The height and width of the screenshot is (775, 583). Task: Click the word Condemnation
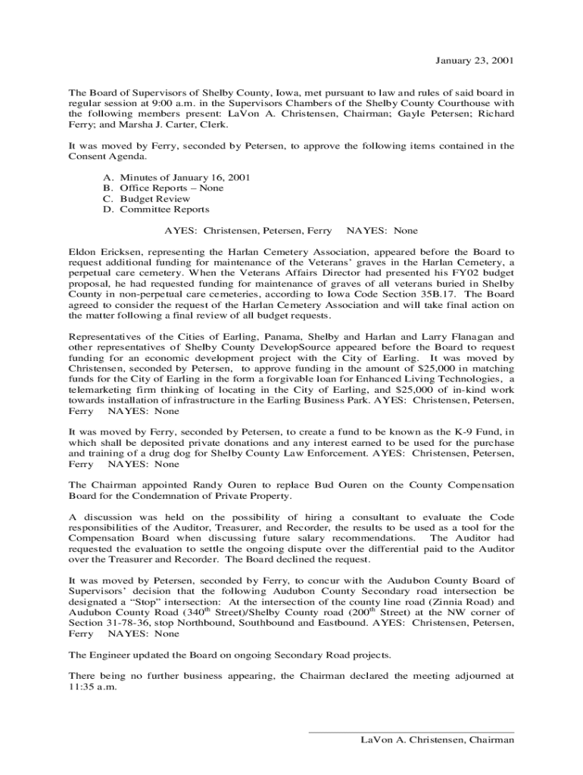point(169,495)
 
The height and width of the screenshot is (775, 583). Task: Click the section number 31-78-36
point(129,623)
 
